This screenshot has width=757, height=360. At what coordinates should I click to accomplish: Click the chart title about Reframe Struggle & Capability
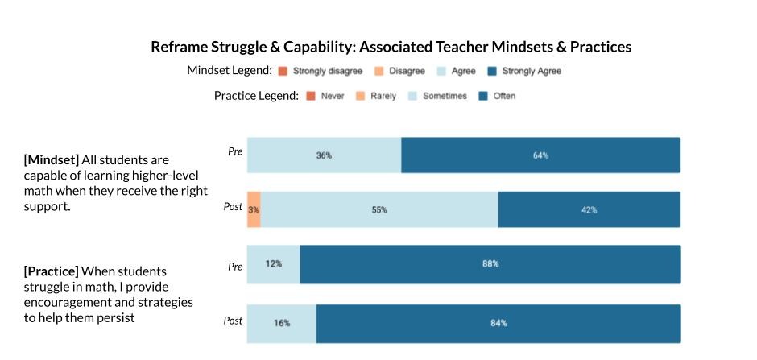point(391,47)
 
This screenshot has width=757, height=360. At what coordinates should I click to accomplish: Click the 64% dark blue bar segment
point(540,155)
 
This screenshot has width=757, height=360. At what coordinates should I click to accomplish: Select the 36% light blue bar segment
point(324,155)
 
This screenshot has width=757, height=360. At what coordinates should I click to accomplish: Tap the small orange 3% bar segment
point(254,209)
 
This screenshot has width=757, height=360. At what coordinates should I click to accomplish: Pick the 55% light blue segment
point(379,209)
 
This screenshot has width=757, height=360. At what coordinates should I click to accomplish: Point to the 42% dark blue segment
point(589,209)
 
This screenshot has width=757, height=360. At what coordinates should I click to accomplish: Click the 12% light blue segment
point(274,263)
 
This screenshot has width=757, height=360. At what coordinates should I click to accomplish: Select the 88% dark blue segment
point(490,263)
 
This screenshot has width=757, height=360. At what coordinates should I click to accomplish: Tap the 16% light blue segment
point(281,323)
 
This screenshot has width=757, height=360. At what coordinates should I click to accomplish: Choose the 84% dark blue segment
point(498,323)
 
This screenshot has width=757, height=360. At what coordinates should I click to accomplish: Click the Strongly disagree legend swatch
point(283,71)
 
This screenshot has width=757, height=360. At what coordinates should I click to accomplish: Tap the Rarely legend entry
point(376,96)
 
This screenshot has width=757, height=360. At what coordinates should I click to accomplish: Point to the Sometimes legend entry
point(438,96)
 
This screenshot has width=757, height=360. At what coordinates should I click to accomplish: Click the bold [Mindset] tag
point(52,160)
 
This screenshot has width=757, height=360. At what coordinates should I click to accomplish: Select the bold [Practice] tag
point(52,271)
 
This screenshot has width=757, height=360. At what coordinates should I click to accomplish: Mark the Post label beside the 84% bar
point(233,321)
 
